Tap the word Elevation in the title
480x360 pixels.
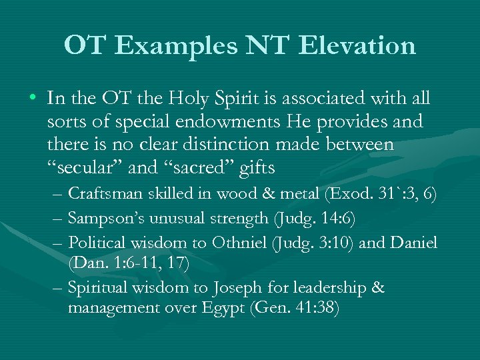(x=358, y=45)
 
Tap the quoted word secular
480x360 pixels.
(x=86, y=167)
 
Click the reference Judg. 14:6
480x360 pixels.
(x=310, y=218)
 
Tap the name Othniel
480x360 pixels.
(x=239, y=241)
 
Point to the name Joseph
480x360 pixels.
(x=234, y=287)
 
